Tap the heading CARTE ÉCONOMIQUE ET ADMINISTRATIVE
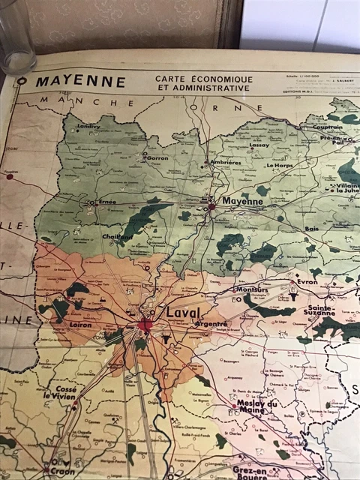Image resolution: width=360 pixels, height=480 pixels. click(203, 82)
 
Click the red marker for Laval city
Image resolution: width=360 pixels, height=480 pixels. click(145, 325)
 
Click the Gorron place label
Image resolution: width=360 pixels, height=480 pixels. click(157, 158)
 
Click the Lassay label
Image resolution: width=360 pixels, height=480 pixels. click(259, 145)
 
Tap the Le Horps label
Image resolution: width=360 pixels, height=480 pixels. click(280, 164)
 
